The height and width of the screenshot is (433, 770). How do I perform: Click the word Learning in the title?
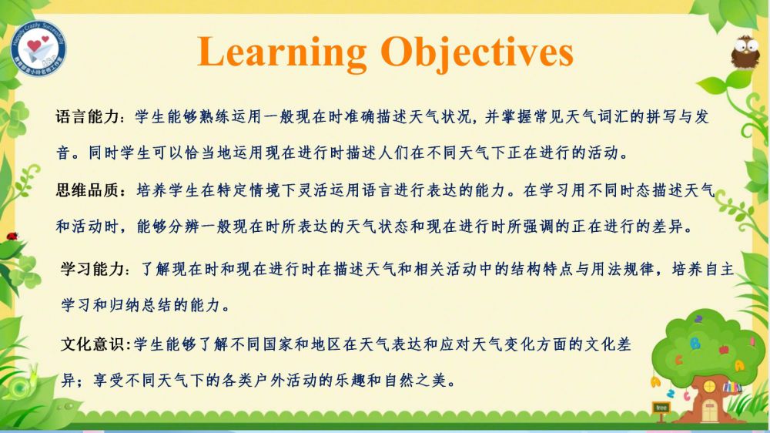tap(282, 53)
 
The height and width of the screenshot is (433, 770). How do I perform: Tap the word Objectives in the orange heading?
tap(477, 53)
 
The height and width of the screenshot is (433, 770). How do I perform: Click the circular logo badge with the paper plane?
tap(38, 48)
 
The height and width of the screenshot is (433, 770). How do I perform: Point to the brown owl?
tap(745, 52)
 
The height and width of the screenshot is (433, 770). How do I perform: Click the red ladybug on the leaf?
tap(12, 237)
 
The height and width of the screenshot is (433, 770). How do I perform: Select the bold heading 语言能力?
tap(88, 117)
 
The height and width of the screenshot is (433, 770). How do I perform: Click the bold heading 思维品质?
tap(88, 190)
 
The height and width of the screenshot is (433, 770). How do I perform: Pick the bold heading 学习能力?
tap(93, 269)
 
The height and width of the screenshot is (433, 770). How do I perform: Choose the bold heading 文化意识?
tap(93, 344)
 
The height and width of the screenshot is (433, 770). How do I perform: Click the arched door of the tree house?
tap(709, 410)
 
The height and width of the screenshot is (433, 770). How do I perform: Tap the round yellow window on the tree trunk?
tap(709, 386)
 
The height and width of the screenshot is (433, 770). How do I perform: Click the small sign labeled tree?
tap(661, 408)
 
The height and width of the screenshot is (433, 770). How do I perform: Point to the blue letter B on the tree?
tap(695, 343)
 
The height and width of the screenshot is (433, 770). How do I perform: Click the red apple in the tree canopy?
tap(724, 350)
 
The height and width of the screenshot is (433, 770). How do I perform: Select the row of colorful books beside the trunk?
tap(732, 387)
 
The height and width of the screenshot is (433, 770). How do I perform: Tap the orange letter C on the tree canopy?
tap(678, 360)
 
